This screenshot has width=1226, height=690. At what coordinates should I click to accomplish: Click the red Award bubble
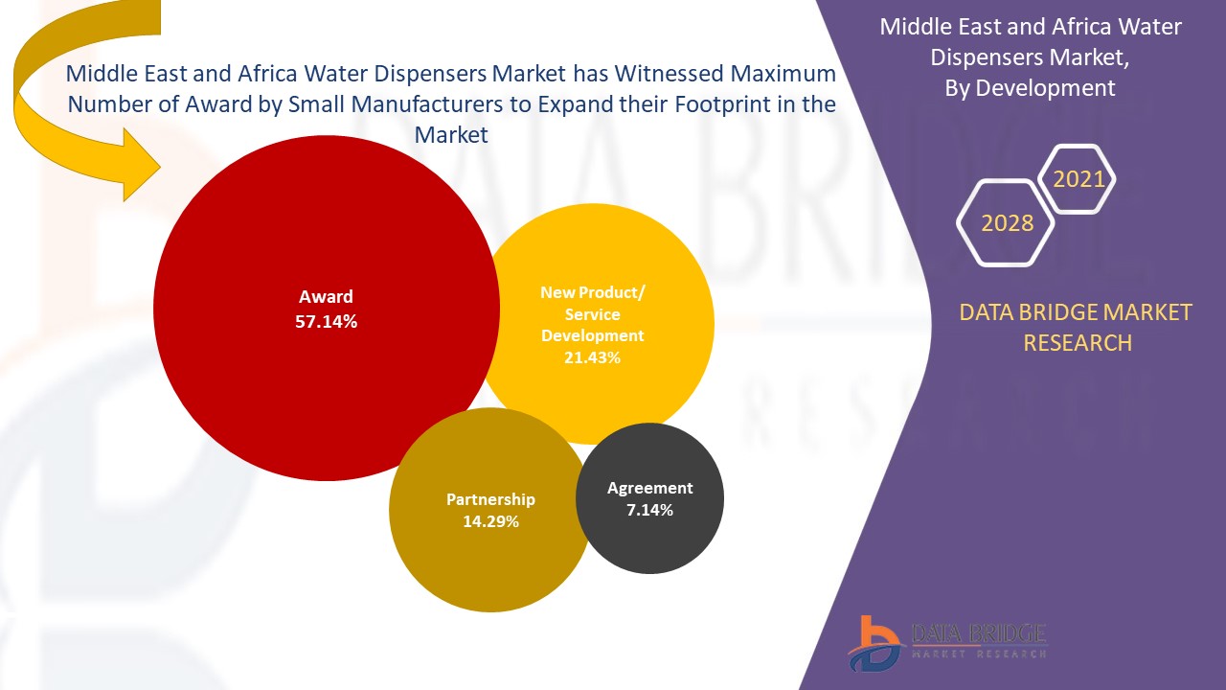point(287,383)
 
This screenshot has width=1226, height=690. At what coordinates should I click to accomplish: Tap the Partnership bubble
point(479,556)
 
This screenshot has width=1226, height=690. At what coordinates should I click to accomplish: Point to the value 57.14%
point(326,322)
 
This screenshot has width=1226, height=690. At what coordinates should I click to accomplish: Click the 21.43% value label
point(592,357)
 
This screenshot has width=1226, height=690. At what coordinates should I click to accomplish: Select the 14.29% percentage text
point(490,521)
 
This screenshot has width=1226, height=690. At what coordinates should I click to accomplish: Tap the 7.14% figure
point(649,510)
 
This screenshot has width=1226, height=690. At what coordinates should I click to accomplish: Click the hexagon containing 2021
point(1078,179)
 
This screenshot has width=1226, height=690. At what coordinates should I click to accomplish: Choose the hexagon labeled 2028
point(1007,223)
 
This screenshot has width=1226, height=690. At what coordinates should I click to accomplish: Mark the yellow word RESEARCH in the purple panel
point(1078,342)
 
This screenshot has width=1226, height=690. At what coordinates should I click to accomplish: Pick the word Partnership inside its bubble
point(490,499)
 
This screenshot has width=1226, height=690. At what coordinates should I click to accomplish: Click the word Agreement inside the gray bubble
point(649,488)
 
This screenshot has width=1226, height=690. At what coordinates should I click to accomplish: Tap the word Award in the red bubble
point(326,297)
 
